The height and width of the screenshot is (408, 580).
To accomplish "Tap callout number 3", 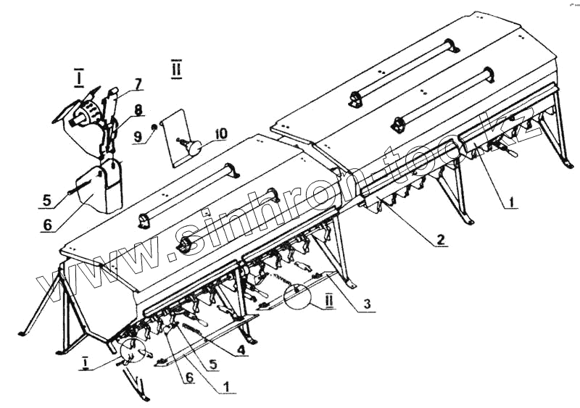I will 368,304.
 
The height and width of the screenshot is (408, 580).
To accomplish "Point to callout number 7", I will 138,83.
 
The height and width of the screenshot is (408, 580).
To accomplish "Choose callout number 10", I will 220,133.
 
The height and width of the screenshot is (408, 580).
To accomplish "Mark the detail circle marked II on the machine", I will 299,296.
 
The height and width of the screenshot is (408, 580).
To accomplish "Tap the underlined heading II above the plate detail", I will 176,70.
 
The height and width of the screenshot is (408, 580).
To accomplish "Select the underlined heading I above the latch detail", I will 78,75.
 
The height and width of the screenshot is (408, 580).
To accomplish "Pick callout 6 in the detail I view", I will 47,225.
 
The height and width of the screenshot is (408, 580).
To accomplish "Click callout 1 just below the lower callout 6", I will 227,387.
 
